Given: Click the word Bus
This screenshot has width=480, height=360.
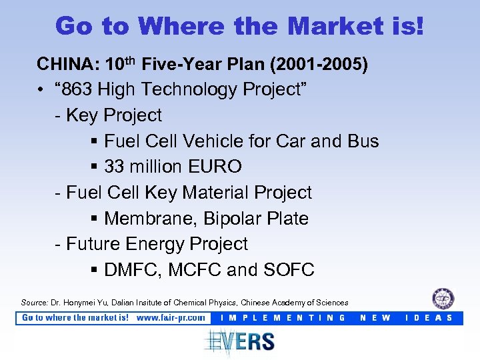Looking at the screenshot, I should pyautogui.click(x=363, y=141).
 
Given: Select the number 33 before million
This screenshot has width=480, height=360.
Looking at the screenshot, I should pyautogui.click(x=115, y=167).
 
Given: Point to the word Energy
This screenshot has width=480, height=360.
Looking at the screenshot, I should pyautogui.click(x=153, y=244).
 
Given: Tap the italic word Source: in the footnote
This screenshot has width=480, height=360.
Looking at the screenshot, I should pyautogui.click(x=35, y=303).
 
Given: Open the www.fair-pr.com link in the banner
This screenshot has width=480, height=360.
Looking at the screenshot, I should pyautogui.click(x=171, y=318).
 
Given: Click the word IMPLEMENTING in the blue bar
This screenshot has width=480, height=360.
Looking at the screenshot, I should pyautogui.click(x=283, y=318).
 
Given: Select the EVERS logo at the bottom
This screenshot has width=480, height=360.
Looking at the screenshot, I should pyautogui.click(x=240, y=341).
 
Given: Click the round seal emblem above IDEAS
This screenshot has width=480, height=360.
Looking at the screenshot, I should pyautogui.click(x=443, y=299).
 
